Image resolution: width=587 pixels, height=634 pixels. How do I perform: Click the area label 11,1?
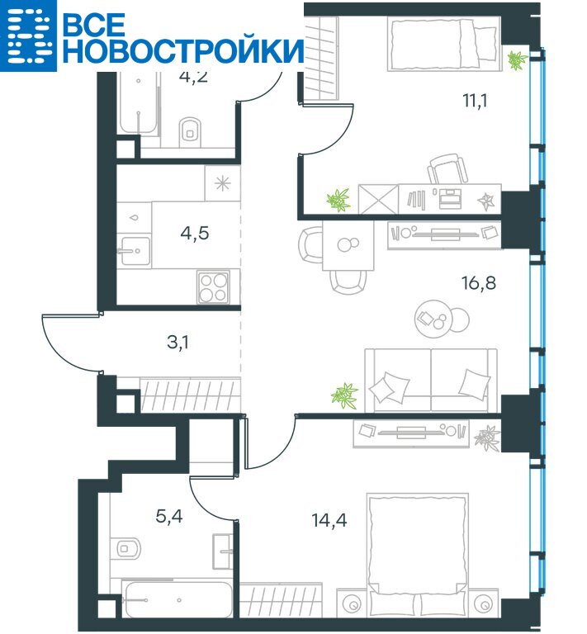point(475,100)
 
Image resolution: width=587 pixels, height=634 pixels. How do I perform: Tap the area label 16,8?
point(479,283)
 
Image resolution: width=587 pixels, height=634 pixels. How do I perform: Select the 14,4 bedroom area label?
point(329,520)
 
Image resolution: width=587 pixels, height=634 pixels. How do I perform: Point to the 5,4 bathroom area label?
point(169,516)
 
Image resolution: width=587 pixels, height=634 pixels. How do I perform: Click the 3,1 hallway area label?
point(178,342)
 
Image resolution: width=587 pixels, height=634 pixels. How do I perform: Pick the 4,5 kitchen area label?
point(195,234)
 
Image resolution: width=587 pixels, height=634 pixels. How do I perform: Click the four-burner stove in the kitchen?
point(214,287)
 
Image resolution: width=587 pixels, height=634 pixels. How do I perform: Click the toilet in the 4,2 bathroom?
point(190,130)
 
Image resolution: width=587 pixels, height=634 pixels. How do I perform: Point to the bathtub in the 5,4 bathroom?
point(177,600)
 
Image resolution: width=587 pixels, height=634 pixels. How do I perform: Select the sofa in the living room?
point(431,380)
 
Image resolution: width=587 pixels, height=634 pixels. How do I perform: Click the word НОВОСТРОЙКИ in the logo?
point(183,50)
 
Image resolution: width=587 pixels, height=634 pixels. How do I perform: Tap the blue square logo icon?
point(28,35)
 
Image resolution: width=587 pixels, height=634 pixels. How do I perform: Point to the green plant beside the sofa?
point(344,395)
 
